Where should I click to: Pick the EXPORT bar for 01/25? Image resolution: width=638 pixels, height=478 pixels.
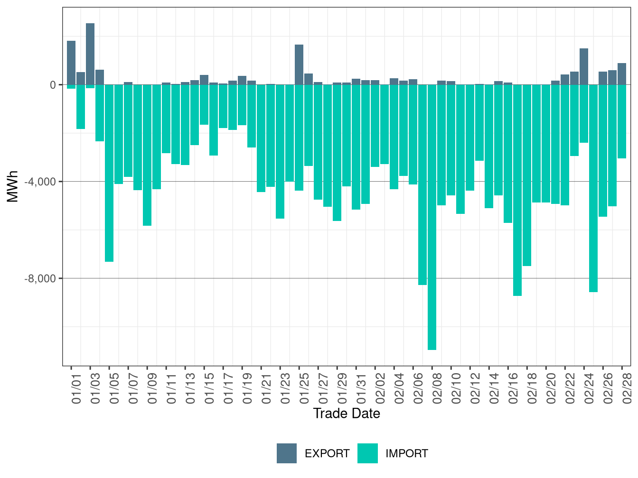(299, 64)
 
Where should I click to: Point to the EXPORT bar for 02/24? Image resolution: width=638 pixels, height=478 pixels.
(584, 66)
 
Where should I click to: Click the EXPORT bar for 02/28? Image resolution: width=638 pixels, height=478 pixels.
(622, 74)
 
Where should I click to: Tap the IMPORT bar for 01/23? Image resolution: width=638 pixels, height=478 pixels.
(280, 152)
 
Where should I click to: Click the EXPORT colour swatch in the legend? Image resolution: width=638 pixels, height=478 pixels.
(287, 453)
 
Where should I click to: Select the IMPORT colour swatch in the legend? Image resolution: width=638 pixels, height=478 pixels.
(367, 453)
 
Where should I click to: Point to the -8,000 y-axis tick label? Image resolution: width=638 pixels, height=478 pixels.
(40, 279)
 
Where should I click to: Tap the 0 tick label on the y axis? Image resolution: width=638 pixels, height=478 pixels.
(53, 85)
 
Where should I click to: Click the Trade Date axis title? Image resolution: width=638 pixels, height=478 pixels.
(347, 414)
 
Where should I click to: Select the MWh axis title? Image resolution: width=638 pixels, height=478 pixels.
(13, 186)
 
